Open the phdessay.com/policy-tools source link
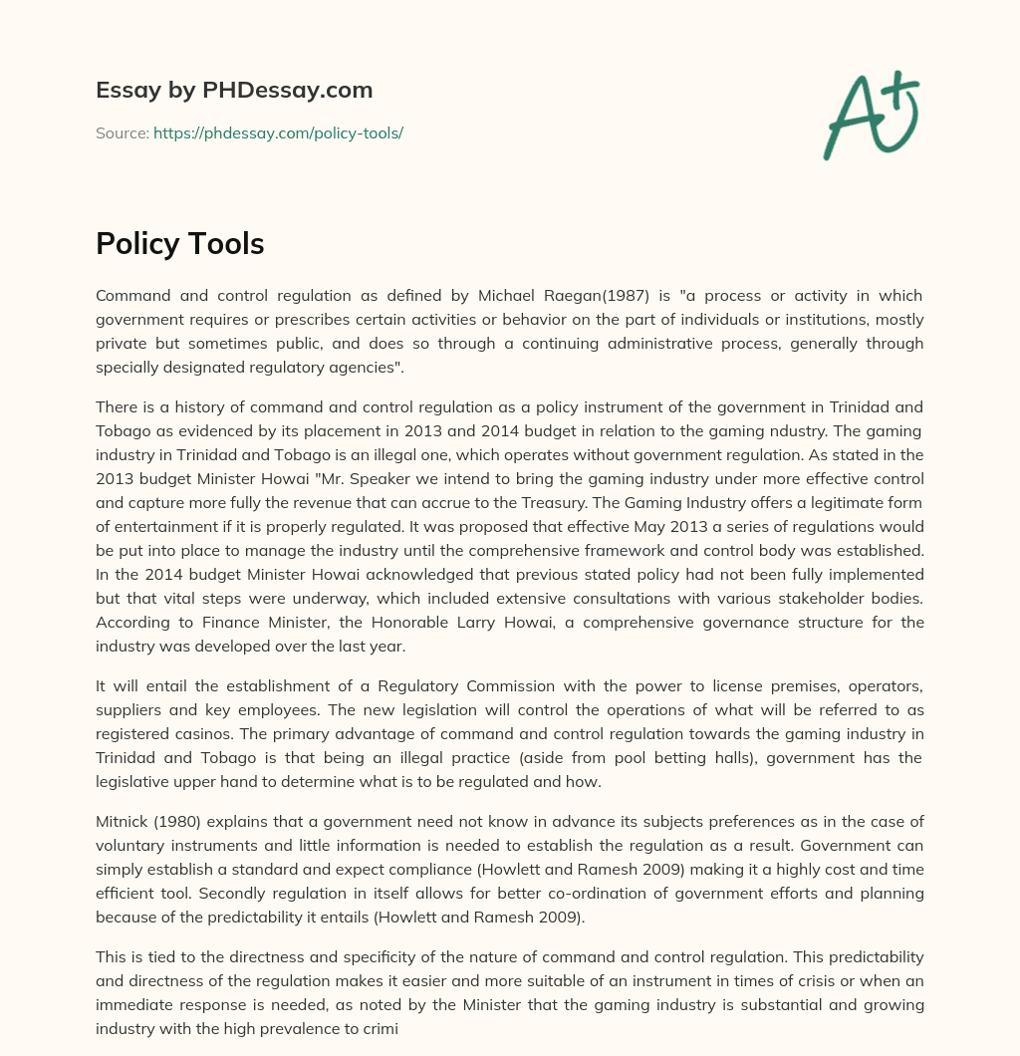coord(278,132)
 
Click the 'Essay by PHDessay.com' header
coord(234,91)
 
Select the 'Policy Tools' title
coord(179,243)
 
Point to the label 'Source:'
coord(122,132)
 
